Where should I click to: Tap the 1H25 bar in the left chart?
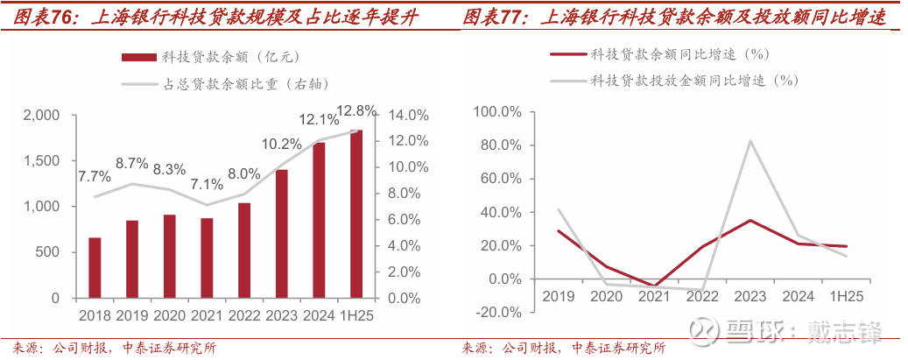pos(356,215)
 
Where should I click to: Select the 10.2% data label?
pos(282,145)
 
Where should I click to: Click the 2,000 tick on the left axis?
pos(41,116)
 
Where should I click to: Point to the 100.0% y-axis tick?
pos(497,112)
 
